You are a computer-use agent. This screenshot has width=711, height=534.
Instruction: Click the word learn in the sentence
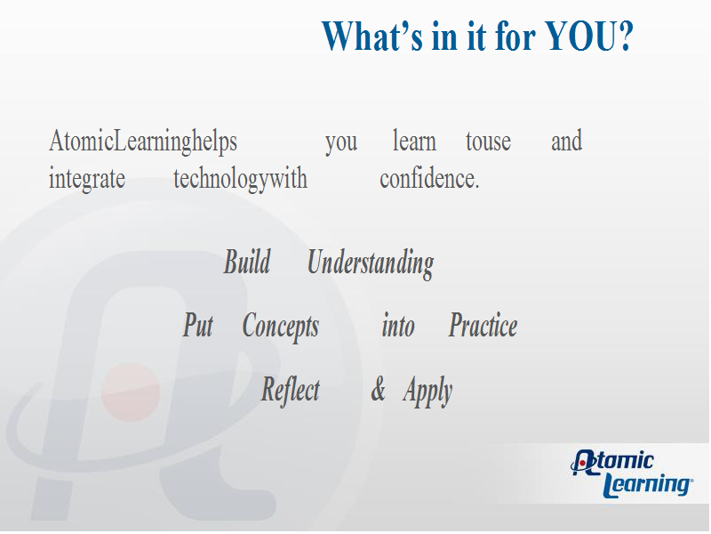tap(414, 142)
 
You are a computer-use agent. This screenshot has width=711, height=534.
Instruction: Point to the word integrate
tap(87, 179)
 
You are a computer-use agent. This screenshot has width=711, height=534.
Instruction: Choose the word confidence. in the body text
tap(429, 179)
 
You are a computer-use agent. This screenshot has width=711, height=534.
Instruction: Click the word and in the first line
tap(567, 141)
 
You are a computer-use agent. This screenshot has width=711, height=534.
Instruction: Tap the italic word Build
tap(247, 262)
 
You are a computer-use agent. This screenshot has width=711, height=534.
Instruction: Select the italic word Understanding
tap(371, 263)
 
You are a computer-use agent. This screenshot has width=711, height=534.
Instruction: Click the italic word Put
tap(197, 325)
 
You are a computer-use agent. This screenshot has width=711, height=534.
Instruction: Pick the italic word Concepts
tap(281, 327)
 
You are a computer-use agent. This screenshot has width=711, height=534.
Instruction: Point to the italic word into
tap(398, 326)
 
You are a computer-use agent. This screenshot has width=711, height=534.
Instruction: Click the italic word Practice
tap(483, 325)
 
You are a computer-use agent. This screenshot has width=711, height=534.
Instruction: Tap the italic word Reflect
tap(291, 390)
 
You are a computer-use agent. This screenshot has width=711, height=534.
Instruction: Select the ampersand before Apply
tap(379, 390)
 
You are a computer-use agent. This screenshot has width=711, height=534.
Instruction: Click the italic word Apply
tap(427, 392)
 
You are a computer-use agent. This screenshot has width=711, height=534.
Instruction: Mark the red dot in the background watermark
tap(131, 392)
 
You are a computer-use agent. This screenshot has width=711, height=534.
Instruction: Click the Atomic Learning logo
tap(632, 473)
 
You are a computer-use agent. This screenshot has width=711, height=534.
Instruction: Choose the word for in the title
tap(515, 36)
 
